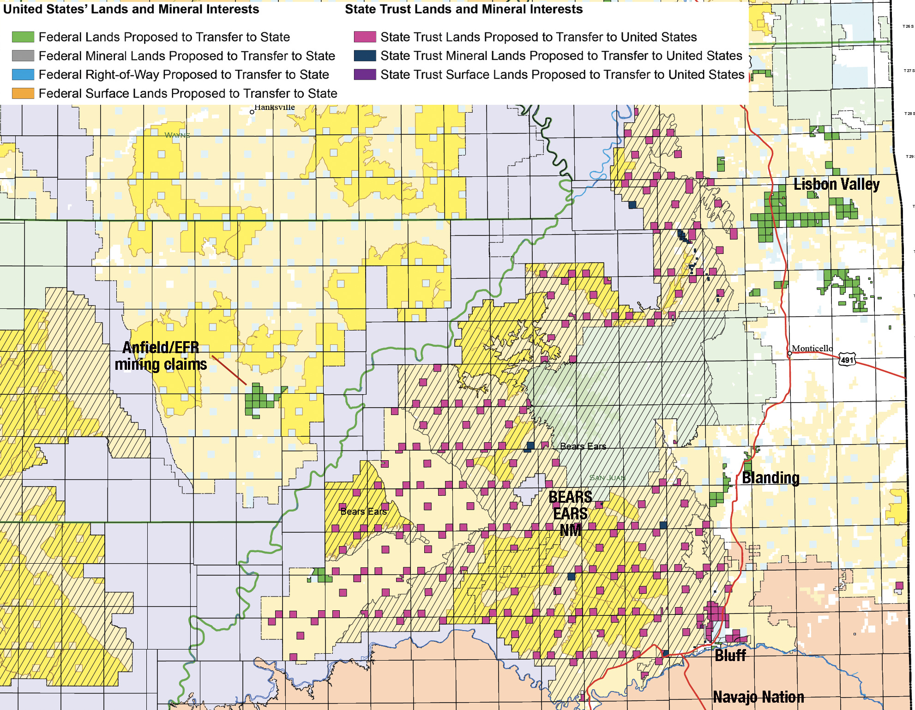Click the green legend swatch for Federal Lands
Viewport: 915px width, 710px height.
[x=23, y=37]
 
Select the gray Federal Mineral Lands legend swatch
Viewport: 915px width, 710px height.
[x=23, y=56]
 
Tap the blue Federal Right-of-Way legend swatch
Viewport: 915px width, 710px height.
[x=23, y=74]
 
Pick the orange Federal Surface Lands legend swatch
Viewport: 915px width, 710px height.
[x=23, y=93]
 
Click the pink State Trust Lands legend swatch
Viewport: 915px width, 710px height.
[x=365, y=37]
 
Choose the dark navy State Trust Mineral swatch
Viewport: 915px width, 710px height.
[x=365, y=56]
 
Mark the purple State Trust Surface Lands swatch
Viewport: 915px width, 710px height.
[x=365, y=74]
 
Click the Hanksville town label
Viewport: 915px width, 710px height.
[x=274, y=108]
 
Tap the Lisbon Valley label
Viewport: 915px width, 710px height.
[x=836, y=184]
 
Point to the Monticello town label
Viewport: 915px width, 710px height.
[x=812, y=349]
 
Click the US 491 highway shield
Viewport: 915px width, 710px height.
[x=847, y=360]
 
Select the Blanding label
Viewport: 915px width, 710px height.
[x=771, y=478]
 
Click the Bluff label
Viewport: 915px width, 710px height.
[x=730, y=655]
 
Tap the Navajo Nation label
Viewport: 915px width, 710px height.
[x=758, y=697]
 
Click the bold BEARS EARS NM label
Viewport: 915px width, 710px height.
[x=570, y=513]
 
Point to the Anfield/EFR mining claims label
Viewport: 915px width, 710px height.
[x=160, y=356]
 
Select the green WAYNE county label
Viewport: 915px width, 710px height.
[x=177, y=135]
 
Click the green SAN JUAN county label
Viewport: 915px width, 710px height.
[x=607, y=478]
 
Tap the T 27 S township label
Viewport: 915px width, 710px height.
[x=909, y=71]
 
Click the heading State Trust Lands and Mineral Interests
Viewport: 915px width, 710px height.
[x=464, y=9]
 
